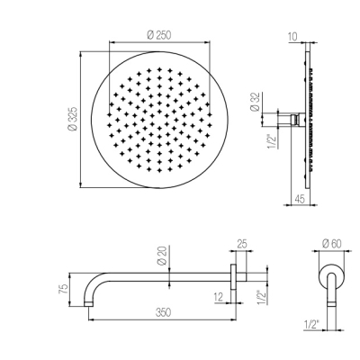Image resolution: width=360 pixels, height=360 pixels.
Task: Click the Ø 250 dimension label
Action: point(159,35)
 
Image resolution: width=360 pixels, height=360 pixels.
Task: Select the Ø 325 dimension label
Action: point(73,119)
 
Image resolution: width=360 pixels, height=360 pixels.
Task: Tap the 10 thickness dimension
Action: point(292,37)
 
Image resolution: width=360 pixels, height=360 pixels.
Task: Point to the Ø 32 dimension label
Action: point(256,103)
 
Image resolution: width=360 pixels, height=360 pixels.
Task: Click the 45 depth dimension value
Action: point(300,199)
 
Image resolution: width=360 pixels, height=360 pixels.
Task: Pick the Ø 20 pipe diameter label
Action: point(162,256)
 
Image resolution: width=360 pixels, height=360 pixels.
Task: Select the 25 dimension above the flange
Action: point(242,244)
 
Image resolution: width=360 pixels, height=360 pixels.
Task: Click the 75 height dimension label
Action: point(63,289)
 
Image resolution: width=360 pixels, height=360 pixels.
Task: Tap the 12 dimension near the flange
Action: point(219,297)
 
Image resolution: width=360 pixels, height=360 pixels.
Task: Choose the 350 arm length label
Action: point(163,312)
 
